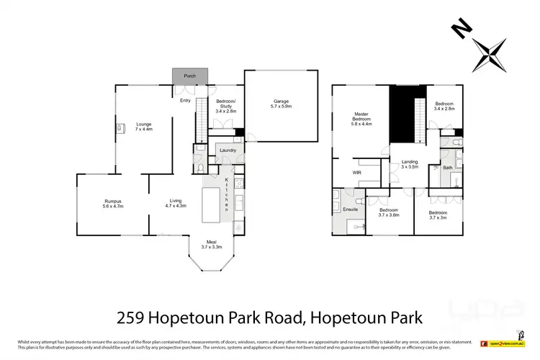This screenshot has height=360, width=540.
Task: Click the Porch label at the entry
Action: point(190,76)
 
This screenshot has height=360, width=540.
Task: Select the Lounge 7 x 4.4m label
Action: point(144,127)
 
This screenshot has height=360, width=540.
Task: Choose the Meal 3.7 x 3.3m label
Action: point(212,245)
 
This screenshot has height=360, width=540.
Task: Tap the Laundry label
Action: point(228,150)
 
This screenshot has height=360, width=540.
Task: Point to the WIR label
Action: point(356,173)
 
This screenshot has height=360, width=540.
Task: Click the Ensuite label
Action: point(350,210)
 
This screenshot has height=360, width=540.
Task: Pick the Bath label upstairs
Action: point(448,168)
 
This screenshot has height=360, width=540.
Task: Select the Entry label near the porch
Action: point(185,101)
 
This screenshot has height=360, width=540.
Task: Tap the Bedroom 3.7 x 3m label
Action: point(438,215)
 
